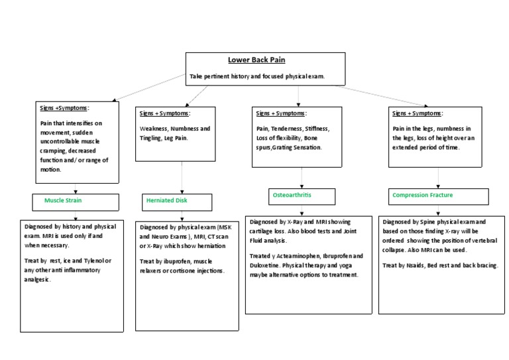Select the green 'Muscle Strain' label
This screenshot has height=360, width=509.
click(x=63, y=200)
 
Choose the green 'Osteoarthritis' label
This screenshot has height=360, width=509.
click(x=292, y=196)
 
